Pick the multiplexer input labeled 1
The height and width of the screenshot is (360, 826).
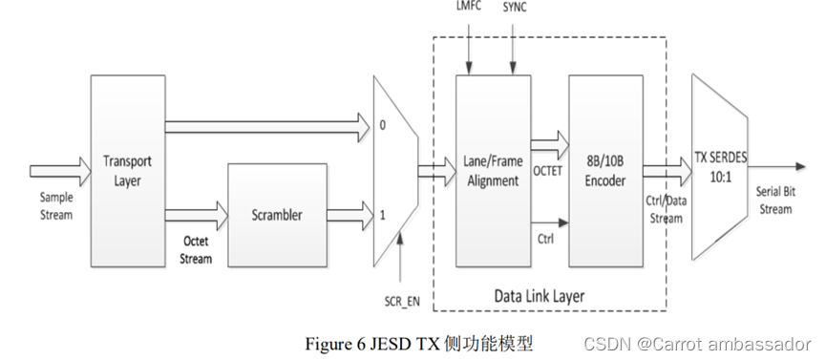[382, 216]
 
